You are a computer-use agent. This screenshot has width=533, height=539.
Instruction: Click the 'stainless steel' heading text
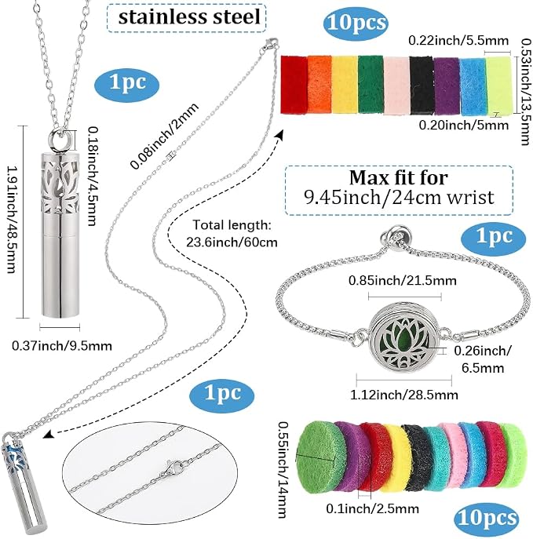(188, 17)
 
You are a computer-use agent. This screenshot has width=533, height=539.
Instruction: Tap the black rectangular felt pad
(422, 86)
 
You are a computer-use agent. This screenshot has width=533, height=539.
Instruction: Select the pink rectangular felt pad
(396, 86)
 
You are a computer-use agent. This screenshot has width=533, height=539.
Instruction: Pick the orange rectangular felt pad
(319, 85)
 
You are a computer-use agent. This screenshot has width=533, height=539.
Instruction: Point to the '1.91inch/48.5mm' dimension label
(12, 220)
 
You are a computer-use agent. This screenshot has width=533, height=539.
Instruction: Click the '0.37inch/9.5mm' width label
(62, 345)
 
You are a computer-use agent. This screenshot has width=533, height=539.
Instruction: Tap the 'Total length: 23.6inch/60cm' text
(232, 234)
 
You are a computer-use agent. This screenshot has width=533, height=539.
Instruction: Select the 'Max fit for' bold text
(399, 178)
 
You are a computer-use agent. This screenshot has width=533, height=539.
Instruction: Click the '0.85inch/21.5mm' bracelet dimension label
(403, 281)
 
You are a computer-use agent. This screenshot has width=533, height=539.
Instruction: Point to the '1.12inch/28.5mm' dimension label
(404, 395)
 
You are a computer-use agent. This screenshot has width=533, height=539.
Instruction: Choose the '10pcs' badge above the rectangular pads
(356, 23)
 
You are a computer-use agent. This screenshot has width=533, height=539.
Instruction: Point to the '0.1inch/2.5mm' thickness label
(372, 508)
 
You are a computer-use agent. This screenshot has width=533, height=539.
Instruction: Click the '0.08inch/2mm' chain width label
(164, 136)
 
